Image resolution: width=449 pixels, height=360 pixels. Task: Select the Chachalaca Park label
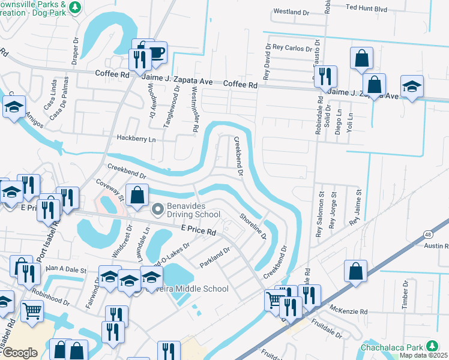pyautogui.click(x=393, y=347)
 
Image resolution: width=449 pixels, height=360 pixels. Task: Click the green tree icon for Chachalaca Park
pyautogui.click(x=431, y=347)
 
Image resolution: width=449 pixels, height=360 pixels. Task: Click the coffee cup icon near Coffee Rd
pyautogui.click(x=156, y=53)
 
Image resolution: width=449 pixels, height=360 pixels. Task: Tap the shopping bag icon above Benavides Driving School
pyautogui.click(x=137, y=195)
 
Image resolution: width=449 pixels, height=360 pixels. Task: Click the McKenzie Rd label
pyautogui.click(x=348, y=311)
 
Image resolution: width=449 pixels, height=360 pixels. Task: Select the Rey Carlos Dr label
pyautogui.click(x=292, y=47)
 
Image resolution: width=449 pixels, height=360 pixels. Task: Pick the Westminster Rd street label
pyautogui.click(x=195, y=108)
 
